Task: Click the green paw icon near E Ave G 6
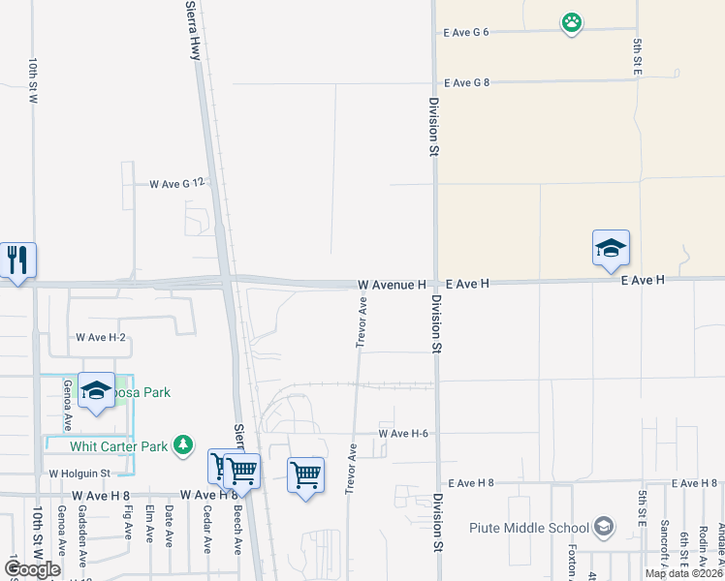pyautogui.click(x=572, y=22)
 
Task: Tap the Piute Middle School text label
pyautogui.click(x=529, y=528)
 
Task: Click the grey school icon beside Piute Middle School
pyautogui.click(x=604, y=527)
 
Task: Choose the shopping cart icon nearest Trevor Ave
pyautogui.click(x=305, y=474)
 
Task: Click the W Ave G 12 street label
pyautogui.click(x=178, y=183)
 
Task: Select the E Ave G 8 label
pyautogui.click(x=466, y=83)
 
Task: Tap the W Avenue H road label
pyautogui.click(x=392, y=285)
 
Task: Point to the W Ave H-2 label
pyautogui.click(x=101, y=337)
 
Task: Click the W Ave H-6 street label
pyautogui.click(x=403, y=433)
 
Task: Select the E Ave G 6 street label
pyautogui.click(x=466, y=32)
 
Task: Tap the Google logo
pyautogui.click(x=32, y=569)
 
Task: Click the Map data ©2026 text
pyautogui.click(x=683, y=573)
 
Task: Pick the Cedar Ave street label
pyautogui.click(x=206, y=529)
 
